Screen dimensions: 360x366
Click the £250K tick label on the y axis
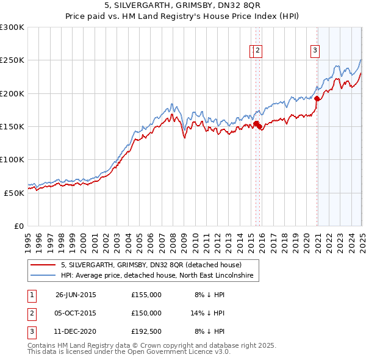click(12, 60)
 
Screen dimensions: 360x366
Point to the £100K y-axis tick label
click(12, 159)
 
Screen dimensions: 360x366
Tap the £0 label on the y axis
click(19, 226)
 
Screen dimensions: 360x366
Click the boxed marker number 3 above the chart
click(315, 51)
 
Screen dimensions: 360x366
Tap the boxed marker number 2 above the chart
click(259, 51)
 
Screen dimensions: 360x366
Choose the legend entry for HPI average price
click(160, 276)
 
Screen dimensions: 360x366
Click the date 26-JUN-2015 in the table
click(76, 295)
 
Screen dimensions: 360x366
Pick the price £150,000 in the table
click(146, 312)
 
